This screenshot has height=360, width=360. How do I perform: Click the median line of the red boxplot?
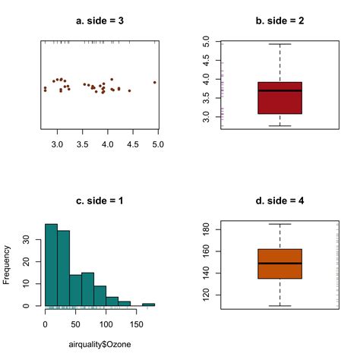[x=279, y=90]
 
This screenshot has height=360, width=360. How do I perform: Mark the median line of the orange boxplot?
[x=279, y=263]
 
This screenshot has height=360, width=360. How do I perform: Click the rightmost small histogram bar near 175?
[x=148, y=304]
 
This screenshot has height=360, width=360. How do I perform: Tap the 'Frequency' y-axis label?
[x=8, y=264]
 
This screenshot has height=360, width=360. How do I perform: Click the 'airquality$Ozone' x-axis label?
[x=99, y=345]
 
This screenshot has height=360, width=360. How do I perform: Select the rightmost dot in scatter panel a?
[x=155, y=82]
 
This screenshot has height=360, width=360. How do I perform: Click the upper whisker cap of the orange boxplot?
[x=279, y=224]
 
